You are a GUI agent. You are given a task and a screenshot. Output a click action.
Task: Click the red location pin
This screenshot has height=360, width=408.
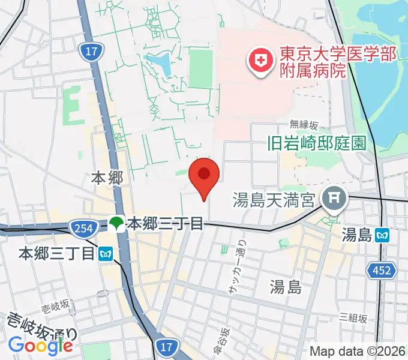204,176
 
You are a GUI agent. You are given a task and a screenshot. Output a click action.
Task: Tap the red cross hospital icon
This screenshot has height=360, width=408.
261,60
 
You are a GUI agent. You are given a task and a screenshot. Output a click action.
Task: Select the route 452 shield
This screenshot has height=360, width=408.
383,271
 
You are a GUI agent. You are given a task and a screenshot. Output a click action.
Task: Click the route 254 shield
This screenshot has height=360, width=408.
80,227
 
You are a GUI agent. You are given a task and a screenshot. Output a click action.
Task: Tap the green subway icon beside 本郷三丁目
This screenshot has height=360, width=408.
117,224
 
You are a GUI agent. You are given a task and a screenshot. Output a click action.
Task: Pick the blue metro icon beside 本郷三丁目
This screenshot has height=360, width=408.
106,254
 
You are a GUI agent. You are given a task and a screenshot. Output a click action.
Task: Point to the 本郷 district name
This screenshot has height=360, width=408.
107,178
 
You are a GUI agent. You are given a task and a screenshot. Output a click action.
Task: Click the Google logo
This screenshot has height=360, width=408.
41,345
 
